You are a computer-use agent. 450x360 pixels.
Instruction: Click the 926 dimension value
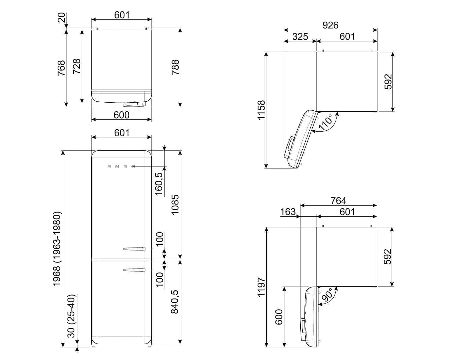pyautogui.click(x=330, y=25)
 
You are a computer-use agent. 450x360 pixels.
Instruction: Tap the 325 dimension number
pyautogui.click(x=300, y=37)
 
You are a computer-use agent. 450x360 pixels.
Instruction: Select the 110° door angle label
pyautogui.click(x=325, y=122)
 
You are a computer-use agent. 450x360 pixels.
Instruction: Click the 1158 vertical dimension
pyautogui.click(x=261, y=110)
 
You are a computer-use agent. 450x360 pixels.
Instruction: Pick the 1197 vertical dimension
pyautogui.click(x=261, y=287)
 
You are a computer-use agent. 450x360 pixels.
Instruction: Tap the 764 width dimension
pyautogui.click(x=338, y=201)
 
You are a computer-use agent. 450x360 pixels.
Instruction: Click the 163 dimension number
pyautogui.click(x=288, y=212)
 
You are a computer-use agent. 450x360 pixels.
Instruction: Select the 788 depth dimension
pyautogui.click(x=175, y=67)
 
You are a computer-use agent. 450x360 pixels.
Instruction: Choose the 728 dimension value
pyautogui.click(x=77, y=66)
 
